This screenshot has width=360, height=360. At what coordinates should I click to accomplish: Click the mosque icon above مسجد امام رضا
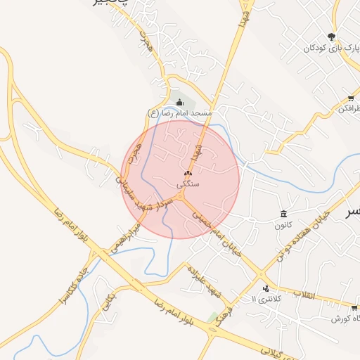tap(179, 103)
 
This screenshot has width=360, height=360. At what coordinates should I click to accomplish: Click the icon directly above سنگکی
tap(188, 173)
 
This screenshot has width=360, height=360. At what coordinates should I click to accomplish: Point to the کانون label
tap(283, 225)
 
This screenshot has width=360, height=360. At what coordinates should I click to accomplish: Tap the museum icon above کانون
tap(283, 214)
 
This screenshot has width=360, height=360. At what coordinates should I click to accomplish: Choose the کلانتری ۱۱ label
tap(268, 299)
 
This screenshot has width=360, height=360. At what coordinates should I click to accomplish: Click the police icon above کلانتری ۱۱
tap(266, 288)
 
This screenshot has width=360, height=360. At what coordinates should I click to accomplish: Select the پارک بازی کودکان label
tap(327, 49)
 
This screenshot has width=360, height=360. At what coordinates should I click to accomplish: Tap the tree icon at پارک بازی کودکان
tap(331, 37)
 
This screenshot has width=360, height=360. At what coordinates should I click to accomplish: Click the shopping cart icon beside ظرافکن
tap(351, 98)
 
